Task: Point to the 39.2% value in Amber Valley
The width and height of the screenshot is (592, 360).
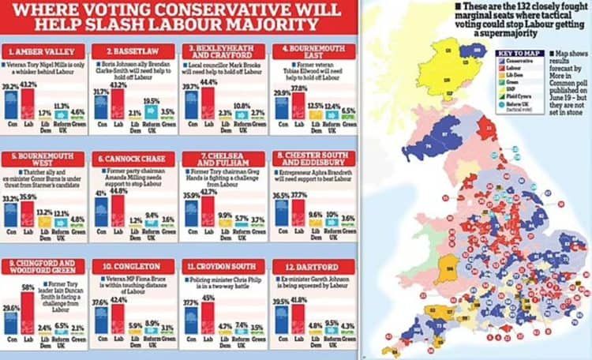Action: pyautogui.click(x=10, y=87)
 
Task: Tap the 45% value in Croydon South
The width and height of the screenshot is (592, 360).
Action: pyautogui.click(x=208, y=276)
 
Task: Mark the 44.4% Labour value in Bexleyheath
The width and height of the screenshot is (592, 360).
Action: pyautogui.click(x=210, y=82)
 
